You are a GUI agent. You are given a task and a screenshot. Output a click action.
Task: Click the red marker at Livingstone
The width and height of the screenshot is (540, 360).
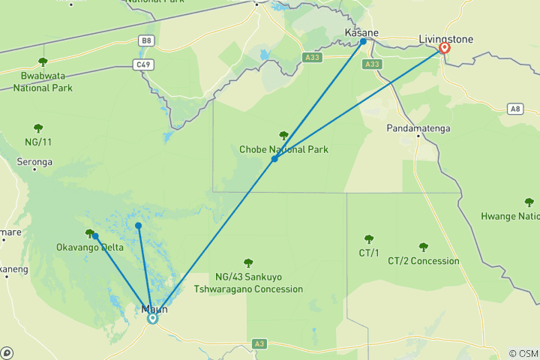[444, 48]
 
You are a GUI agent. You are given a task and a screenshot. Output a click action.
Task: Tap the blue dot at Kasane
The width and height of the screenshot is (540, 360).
[363, 42]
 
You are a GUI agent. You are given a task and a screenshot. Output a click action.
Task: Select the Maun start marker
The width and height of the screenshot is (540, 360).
[152, 318]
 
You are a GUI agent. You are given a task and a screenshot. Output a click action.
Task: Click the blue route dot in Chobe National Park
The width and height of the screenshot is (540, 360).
[274, 158]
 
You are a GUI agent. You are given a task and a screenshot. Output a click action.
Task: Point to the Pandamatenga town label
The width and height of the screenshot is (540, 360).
[418, 129]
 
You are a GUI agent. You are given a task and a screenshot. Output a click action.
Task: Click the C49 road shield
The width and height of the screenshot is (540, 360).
[144, 64]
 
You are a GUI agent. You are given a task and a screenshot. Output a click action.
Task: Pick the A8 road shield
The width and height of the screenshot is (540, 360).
[514, 109]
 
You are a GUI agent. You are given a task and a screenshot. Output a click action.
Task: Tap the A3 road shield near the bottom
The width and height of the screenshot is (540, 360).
[259, 343]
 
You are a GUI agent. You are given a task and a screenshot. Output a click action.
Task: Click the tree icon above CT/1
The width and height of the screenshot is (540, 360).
[368, 239]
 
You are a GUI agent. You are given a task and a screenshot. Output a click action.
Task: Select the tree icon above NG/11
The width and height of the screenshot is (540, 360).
[37, 128]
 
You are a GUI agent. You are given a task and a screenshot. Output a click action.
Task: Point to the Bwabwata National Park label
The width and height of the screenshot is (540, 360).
[42, 82]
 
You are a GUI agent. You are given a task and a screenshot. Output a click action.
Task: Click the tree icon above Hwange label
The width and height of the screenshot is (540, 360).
[529, 202]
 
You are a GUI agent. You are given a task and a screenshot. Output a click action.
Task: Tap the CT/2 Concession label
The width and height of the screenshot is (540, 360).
[423, 261]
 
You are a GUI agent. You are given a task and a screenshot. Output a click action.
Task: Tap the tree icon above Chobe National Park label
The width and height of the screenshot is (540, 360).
[283, 136]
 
